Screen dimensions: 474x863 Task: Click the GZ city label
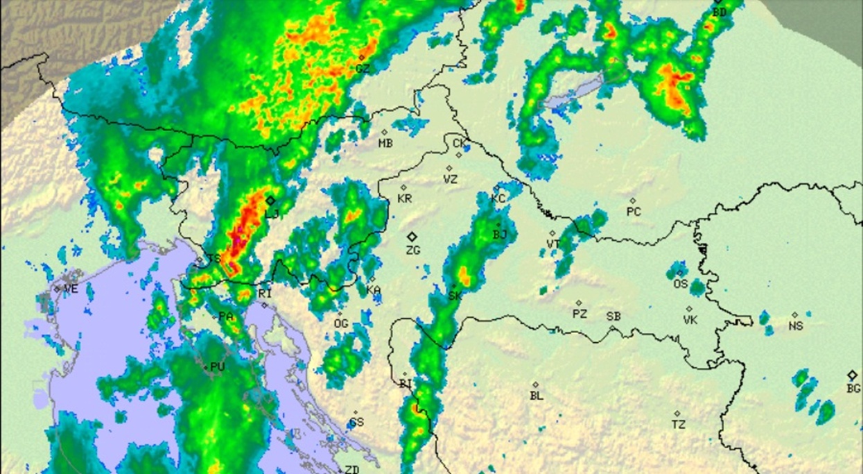[x=363, y=69]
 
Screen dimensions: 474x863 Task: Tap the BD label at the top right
[x=720, y=12]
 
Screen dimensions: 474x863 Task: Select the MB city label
[x=385, y=144]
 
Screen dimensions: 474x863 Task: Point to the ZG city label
[x=413, y=250]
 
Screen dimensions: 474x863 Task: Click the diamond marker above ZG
[x=412, y=237]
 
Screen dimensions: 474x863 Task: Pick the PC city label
[x=634, y=212]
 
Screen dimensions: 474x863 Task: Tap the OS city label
[x=681, y=284]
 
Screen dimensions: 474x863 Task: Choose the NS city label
[x=796, y=325]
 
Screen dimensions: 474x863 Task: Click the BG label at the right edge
[x=853, y=389]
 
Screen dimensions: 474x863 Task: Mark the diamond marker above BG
[x=853, y=375]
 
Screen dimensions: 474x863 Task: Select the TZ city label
[x=679, y=424]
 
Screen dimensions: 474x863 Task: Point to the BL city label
[x=537, y=396]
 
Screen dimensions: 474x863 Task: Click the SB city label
[x=613, y=316]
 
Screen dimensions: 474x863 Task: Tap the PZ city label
[x=579, y=314]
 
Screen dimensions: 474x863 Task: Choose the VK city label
[x=690, y=320]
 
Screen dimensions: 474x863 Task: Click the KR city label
[x=405, y=199]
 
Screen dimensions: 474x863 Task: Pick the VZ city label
[x=451, y=179]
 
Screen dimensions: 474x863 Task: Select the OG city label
[x=340, y=324]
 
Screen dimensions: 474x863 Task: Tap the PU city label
[x=218, y=366]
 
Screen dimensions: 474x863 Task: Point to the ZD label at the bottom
[x=352, y=470]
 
